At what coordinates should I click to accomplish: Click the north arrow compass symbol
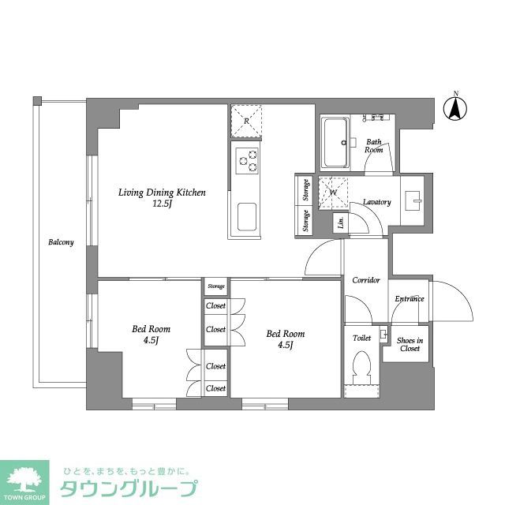coord(455,108)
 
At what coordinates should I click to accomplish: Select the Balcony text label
coord(61,242)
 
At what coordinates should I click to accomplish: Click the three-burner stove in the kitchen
coord(247,159)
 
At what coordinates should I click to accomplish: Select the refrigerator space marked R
coord(247,121)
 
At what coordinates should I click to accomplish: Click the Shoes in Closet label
coord(410,344)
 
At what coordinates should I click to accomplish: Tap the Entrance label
coord(410,299)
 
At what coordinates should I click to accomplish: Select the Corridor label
coord(366,280)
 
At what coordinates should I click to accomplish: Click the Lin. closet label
coord(341,222)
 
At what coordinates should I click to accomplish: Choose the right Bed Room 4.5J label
coord(286,339)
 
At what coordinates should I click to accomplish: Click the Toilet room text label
coord(361,337)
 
